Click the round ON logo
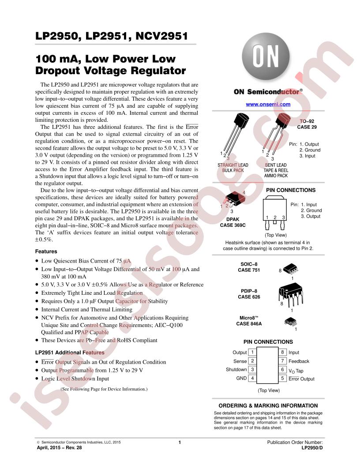coord(265,57)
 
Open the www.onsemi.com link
coord(268,104)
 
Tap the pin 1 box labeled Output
coord(252,353)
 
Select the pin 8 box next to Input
coord(282,353)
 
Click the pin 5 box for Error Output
coord(282,379)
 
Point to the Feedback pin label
coord(299,361)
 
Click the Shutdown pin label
coord(236,370)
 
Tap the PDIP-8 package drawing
coord(291,293)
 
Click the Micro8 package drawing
coord(291,322)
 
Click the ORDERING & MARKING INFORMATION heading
coord(268,406)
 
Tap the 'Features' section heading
coord(45,252)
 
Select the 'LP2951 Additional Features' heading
coord(70,353)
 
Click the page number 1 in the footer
coord(180,442)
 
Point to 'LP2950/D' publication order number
coord(312,447)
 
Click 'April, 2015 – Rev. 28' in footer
coord(59,447)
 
